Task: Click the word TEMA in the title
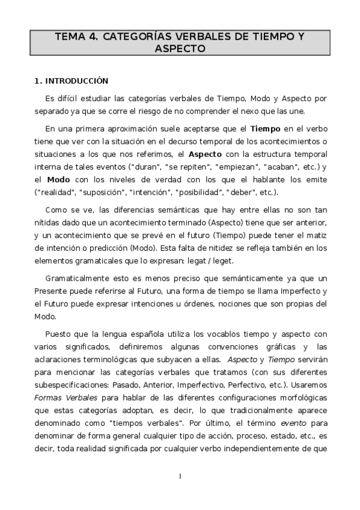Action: [x=70, y=37]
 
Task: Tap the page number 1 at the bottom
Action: [x=179, y=476]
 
